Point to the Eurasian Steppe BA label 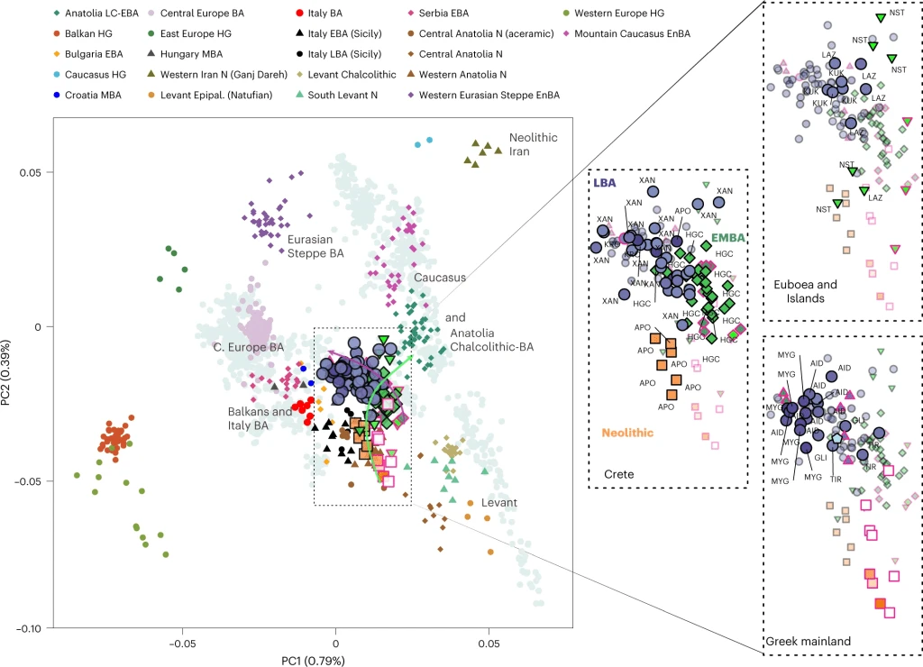(315, 247)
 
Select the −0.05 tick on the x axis (183, 645)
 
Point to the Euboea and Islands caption (804, 291)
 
